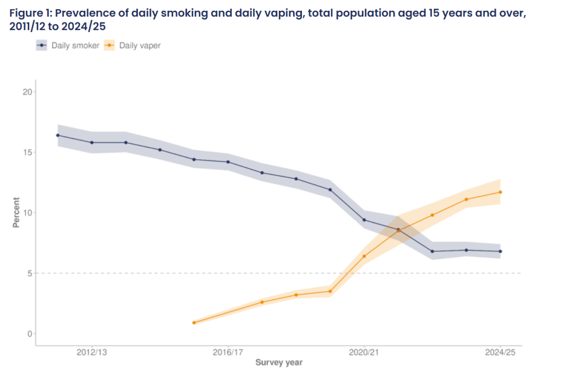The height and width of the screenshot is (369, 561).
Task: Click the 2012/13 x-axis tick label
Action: tap(92, 353)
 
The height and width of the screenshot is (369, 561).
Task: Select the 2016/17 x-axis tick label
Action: tap(228, 353)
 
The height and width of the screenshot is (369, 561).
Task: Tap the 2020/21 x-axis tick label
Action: tap(364, 353)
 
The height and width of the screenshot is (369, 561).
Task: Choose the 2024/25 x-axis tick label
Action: tap(500, 353)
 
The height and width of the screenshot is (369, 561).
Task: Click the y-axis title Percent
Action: tap(17, 213)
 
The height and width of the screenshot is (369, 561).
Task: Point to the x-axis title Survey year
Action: tap(278, 363)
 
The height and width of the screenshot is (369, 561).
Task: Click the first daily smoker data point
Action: tap(58, 135)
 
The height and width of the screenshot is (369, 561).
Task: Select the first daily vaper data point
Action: tap(194, 322)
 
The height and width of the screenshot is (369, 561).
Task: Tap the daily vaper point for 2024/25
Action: tap(501, 192)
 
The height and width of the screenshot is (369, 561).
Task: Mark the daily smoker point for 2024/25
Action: tap(501, 251)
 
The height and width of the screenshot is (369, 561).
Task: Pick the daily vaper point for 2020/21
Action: tap(364, 256)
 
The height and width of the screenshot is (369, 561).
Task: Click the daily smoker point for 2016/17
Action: tap(228, 162)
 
